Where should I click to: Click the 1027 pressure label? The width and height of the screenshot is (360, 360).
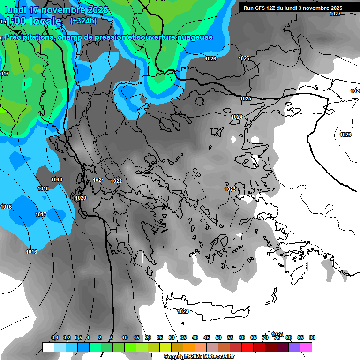coord(335,14)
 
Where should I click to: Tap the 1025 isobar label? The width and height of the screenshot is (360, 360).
coord(246,98)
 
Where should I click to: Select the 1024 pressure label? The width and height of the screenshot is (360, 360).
coord(237,117)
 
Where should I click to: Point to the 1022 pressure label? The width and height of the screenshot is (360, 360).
coord(116,181)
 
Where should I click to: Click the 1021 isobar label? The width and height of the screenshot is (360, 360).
coord(98,180)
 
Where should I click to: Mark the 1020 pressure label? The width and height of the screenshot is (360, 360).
coord(81,198)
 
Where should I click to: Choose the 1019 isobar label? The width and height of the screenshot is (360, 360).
coord(57,180)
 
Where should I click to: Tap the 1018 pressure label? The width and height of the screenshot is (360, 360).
coord(43,188)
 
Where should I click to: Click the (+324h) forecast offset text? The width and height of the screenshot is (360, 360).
coord(83,21)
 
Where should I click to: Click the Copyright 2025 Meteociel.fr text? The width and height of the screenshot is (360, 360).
coord(199,356)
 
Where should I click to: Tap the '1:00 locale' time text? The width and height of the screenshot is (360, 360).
coord(33,22)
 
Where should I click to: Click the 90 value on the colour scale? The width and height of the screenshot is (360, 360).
coord(312,337)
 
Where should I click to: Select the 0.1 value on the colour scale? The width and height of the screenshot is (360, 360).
coord(55,337)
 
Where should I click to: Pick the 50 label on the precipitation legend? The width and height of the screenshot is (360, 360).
coord(218,337)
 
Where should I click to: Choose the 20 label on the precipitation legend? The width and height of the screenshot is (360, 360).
coord(148,337)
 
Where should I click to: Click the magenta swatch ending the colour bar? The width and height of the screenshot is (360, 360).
coord(306,347)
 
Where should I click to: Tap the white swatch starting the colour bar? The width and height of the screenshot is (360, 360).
coord(48,347)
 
